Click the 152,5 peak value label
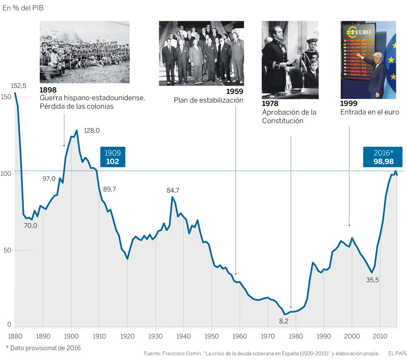pos(18,86)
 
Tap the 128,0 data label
pos(92,130)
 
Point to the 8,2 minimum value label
pos(284,321)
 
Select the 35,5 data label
pos(372,280)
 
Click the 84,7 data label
pos(173,190)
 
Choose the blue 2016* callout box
pos(383,157)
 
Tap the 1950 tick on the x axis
pos(211,335)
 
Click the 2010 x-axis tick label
pos(380,335)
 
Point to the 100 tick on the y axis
pos(6,173)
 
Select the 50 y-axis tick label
pos(5,251)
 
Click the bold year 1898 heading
pos(48,90)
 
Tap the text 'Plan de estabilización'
pos(208,100)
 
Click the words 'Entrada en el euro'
pos(370,112)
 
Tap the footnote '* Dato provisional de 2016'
pos(43,348)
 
